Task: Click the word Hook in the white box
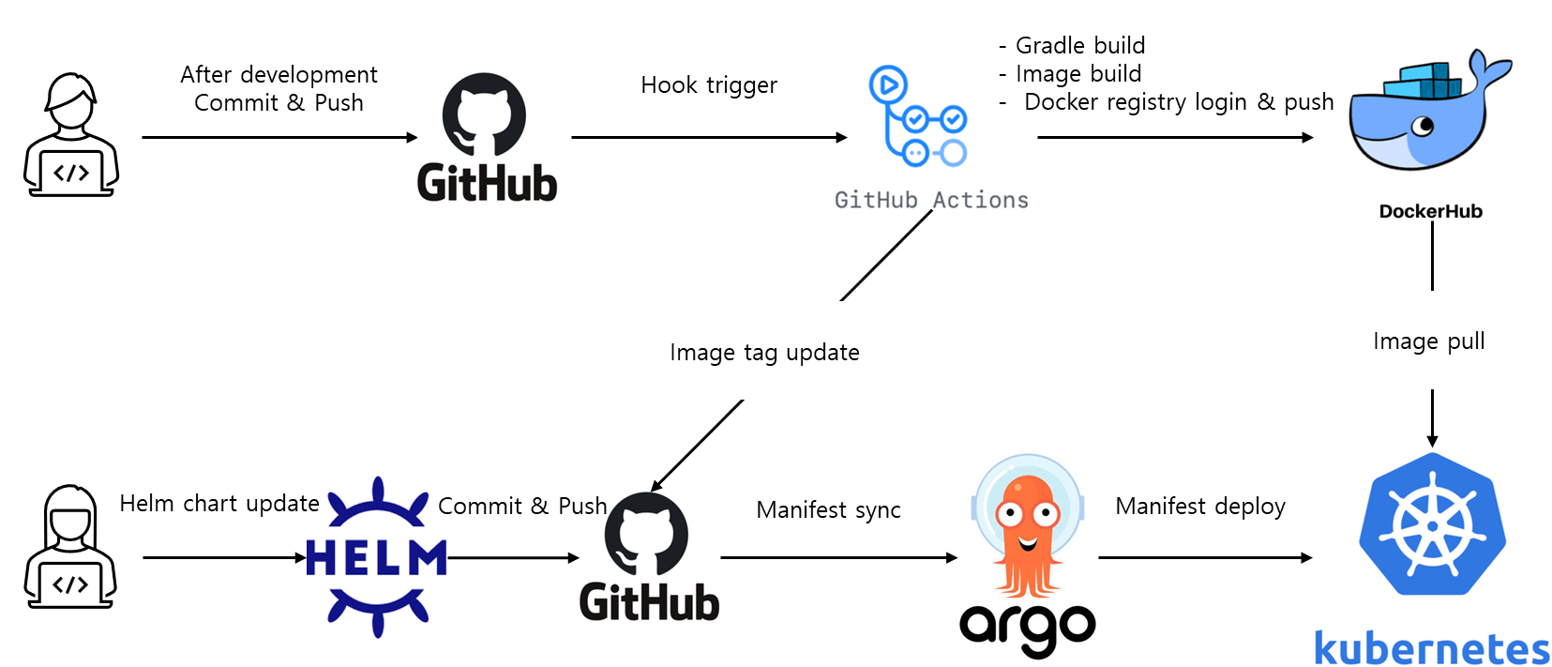(669, 85)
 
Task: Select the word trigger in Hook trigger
(742, 86)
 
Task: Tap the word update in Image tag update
(822, 353)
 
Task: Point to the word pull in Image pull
(1466, 341)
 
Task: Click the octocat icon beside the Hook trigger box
(484, 115)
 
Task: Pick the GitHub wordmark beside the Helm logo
(649, 601)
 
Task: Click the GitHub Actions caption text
(930, 200)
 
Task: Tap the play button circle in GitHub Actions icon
(887, 85)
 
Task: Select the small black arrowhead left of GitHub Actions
(841, 138)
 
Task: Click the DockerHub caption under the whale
(1430, 211)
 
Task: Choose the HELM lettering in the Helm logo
(377, 558)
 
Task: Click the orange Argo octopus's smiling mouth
(1028, 543)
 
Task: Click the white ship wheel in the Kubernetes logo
(1432, 525)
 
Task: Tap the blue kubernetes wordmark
(1431, 648)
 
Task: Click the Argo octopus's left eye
(1009, 513)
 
